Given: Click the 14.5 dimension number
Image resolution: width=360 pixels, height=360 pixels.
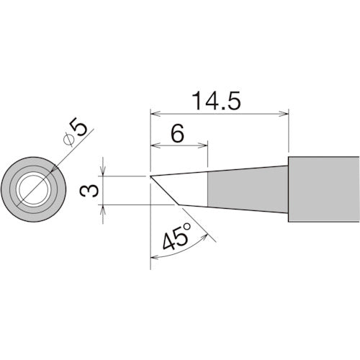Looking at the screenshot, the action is pyautogui.click(x=217, y=101).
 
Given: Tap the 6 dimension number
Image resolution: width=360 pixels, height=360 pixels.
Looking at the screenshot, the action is pyautogui.click(x=177, y=133).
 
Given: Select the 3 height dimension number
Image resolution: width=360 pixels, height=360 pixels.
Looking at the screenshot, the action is pyautogui.click(x=89, y=191).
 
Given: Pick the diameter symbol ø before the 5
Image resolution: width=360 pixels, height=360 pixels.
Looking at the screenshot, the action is pyautogui.click(x=68, y=140).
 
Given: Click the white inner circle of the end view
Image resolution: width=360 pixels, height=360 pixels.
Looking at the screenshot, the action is pyautogui.click(x=33, y=189).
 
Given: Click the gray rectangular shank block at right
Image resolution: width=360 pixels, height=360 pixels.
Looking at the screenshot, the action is pyautogui.click(x=324, y=189).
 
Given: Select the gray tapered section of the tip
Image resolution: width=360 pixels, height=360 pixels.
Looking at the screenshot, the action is pyautogui.click(x=248, y=189).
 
